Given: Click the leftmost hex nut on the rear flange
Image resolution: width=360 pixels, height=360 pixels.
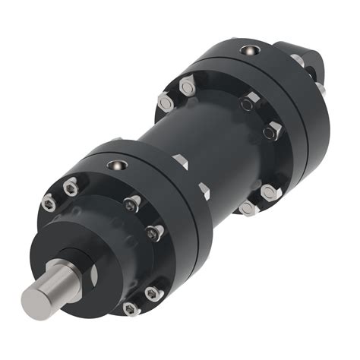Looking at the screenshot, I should pyautogui.click(x=165, y=101).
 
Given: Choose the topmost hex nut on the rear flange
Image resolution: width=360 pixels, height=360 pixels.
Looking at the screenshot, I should pyautogui.click(x=187, y=88).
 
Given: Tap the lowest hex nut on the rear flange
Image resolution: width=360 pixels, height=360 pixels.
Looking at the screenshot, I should pyautogui.click(x=247, y=207).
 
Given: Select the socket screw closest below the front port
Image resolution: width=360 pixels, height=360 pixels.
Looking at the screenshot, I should pyautogui.click(x=132, y=203).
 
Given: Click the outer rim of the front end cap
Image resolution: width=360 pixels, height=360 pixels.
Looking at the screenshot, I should pyautogui.click(x=194, y=251).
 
